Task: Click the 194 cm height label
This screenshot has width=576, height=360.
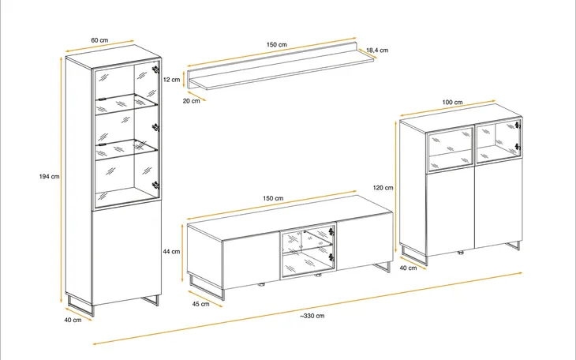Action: tap(49, 177)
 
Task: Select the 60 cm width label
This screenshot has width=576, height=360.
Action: tap(99, 40)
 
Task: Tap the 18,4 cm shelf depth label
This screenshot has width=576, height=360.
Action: tap(377, 50)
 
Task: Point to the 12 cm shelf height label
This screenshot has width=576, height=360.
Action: tap(171, 80)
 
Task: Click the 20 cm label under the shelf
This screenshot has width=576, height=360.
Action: tap(192, 101)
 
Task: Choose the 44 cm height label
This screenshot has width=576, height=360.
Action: tap(171, 252)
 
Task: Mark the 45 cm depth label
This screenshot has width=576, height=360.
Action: tap(200, 304)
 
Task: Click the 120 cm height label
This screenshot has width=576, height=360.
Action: tap(383, 188)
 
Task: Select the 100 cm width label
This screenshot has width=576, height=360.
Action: tap(452, 102)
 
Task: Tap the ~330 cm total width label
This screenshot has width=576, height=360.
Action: tap(312, 316)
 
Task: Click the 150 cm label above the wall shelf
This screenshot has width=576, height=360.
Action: tap(277, 44)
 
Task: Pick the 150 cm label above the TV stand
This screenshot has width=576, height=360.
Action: tap(273, 198)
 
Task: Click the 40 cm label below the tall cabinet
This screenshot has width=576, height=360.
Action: tap(73, 320)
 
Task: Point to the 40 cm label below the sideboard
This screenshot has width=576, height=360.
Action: tap(408, 268)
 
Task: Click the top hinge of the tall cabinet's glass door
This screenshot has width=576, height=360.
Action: tap(155, 69)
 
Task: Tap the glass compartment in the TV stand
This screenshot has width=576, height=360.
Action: tap(308, 251)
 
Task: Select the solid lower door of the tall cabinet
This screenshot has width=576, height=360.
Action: tap(127, 253)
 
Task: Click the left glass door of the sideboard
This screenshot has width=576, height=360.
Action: tap(451, 148)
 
